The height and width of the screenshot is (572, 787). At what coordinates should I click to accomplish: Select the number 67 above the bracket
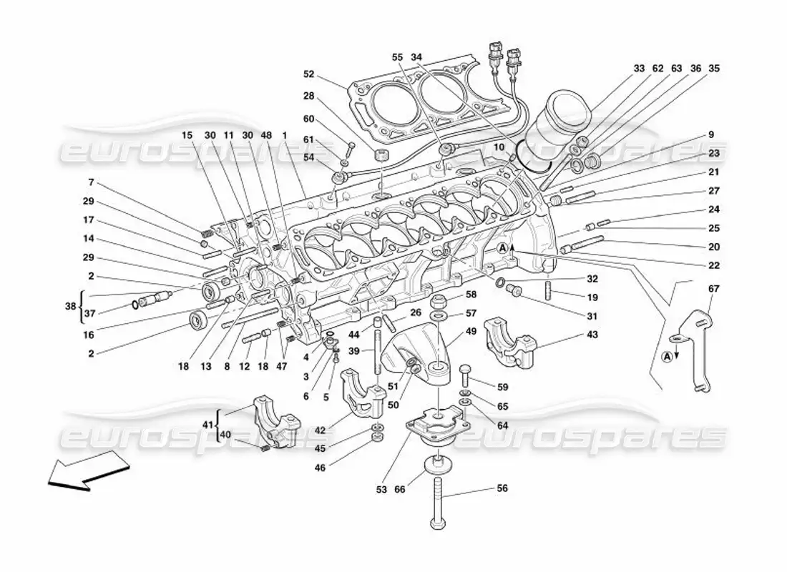pos(713,288)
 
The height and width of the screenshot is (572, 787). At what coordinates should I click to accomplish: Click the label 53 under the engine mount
pos(381,490)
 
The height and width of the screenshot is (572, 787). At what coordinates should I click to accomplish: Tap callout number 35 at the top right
pos(713,69)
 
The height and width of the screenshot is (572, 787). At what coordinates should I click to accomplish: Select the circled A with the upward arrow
pos(504,248)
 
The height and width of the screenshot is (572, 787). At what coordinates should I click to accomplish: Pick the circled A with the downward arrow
pos(667,356)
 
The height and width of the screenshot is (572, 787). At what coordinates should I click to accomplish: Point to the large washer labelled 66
pos(434,465)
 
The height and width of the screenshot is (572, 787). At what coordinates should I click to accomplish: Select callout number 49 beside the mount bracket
pos(471,331)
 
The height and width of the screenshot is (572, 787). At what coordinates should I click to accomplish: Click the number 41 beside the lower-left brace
pos(207,424)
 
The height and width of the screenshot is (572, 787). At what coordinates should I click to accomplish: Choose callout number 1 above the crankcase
pos(285,135)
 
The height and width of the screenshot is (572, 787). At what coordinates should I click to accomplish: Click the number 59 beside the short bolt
pos(503,388)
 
